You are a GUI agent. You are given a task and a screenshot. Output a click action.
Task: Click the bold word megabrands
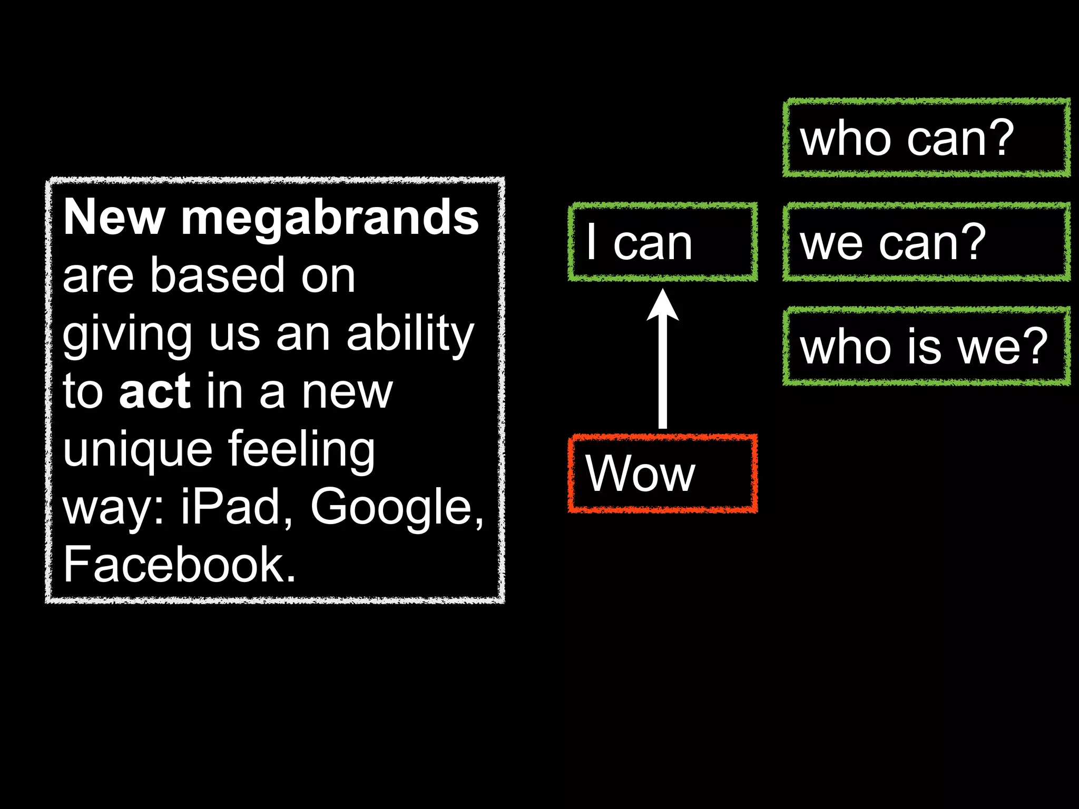coord(330,219)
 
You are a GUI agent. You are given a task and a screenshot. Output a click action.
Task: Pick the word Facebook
coord(179,565)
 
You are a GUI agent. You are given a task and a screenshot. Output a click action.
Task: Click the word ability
coord(410,334)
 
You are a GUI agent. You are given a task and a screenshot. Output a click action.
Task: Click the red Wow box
coord(663,473)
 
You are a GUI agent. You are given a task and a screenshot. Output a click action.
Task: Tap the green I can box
coord(663,242)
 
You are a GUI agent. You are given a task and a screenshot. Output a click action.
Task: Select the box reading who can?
coord(926,137)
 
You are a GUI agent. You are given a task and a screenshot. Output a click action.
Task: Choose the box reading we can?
coord(926,242)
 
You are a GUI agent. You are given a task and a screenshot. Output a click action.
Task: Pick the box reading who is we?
coord(926,346)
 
